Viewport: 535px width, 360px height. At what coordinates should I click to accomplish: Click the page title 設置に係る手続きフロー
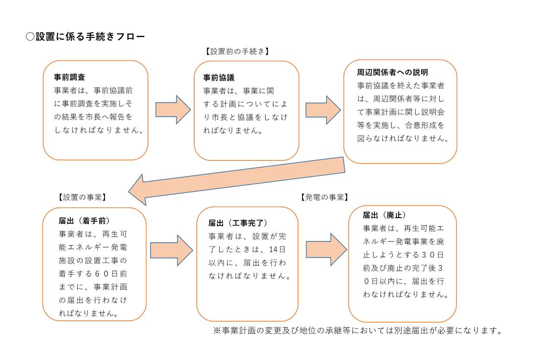(90, 37)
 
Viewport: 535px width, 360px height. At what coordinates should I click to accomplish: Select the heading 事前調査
(69, 78)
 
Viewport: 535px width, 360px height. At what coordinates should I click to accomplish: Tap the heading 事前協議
(219, 78)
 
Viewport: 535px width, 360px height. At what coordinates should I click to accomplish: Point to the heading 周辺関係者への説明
(392, 72)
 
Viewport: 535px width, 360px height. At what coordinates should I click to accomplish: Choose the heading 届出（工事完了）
(238, 223)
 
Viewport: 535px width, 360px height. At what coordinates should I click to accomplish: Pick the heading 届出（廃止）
(384, 215)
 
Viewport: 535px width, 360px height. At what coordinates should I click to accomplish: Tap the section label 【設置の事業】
(82, 197)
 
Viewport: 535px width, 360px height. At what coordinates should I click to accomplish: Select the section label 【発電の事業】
(324, 197)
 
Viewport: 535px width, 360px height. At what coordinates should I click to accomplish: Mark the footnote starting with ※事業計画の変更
(358, 331)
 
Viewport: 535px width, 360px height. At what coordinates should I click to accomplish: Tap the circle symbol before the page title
(30, 37)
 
